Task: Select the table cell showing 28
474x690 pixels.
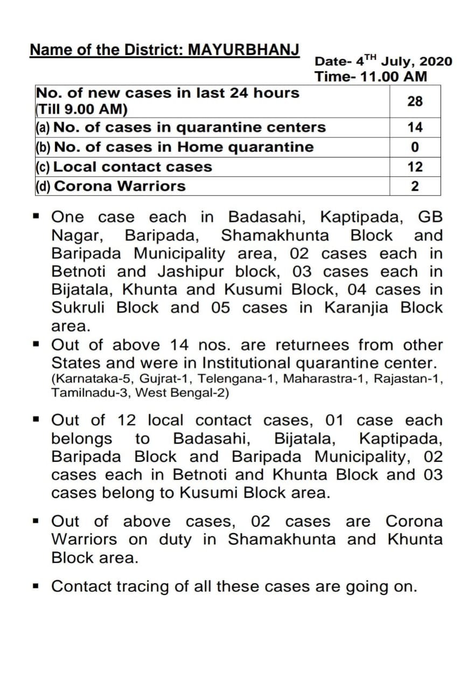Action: tap(415, 101)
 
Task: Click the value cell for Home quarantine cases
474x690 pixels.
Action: tap(415, 147)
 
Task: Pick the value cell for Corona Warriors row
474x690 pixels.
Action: tap(415, 187)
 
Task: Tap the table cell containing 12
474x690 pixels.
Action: tap(415, 167)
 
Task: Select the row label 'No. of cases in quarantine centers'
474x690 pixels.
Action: tap(190, 127)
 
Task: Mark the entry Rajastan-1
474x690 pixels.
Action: tap(408, 378)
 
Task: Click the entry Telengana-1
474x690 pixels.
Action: tap(238, 378)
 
